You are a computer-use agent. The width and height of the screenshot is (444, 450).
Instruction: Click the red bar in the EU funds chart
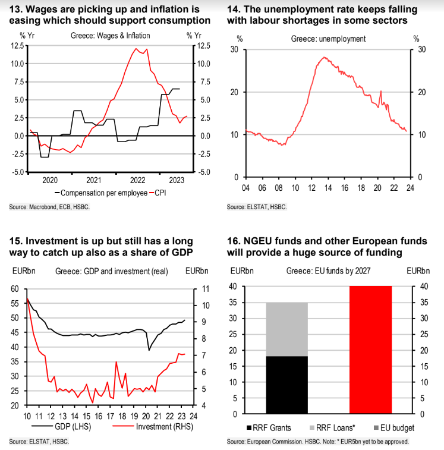tap(370, 349)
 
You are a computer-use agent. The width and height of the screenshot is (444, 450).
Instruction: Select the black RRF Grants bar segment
tap(286, 385)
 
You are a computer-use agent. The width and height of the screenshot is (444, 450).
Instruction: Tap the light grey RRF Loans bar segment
tap(286, 329)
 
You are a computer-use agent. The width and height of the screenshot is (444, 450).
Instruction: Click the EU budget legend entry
tap(393, 427)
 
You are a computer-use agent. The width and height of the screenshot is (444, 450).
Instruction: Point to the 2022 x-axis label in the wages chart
tap(138, 180)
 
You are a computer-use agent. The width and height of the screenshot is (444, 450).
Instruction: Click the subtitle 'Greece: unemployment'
tap(328, 39)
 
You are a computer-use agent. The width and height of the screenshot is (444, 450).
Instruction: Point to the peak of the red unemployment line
tap(324, 57)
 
